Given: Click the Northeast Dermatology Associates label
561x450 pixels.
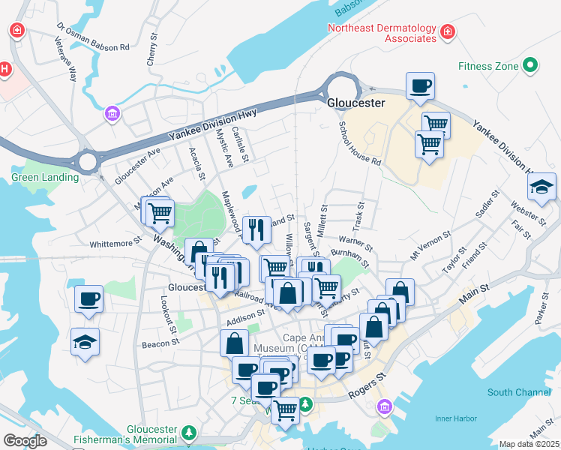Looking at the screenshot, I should point(382,34).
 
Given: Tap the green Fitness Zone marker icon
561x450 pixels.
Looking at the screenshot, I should point(530,66).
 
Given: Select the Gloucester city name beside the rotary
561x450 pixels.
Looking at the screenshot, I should point(356,103).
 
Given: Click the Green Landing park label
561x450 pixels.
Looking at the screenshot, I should point(44,178).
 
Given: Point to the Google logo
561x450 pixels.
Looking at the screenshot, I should point(25,441).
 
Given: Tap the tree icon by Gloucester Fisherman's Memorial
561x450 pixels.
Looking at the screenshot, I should point(190,432).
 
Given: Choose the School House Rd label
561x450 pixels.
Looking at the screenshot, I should point(360,143).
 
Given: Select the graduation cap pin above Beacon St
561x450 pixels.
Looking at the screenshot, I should point(85,341).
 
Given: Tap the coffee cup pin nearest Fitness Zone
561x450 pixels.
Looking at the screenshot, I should point(420,85).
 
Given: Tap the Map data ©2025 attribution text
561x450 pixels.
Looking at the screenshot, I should point(529,444).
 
